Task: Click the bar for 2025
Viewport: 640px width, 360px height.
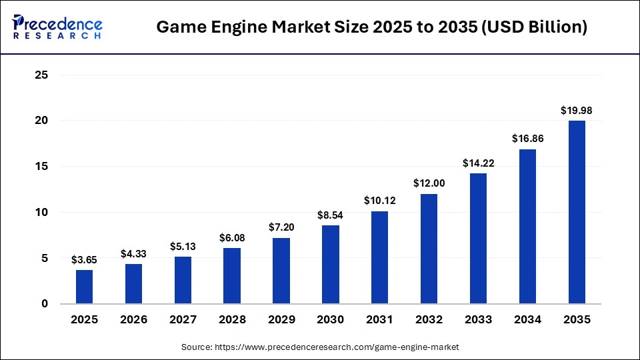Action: pos(84,287)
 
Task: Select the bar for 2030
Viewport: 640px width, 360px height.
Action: pos(330,265)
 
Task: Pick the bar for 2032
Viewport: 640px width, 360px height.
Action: pos(429,249)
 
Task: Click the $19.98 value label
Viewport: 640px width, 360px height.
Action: pos(577,110)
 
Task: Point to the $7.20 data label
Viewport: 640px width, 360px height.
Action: pos(281,227)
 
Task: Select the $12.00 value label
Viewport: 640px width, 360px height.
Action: pos(429,183)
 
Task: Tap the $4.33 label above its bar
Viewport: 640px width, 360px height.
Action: pos(133,253)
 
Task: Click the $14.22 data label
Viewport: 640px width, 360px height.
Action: pos(478,163)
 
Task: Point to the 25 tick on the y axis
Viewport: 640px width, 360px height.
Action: pos(41,75)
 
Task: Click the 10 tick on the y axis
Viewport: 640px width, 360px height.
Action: pos(41,213)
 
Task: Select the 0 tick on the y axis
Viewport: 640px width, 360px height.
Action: pos(44,304)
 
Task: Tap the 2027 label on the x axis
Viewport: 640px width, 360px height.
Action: pos(183,320)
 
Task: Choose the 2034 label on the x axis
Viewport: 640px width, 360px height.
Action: pos(527,320)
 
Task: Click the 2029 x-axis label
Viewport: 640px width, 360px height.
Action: pos(281,320)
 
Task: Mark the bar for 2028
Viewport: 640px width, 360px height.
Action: pos(232,276)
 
